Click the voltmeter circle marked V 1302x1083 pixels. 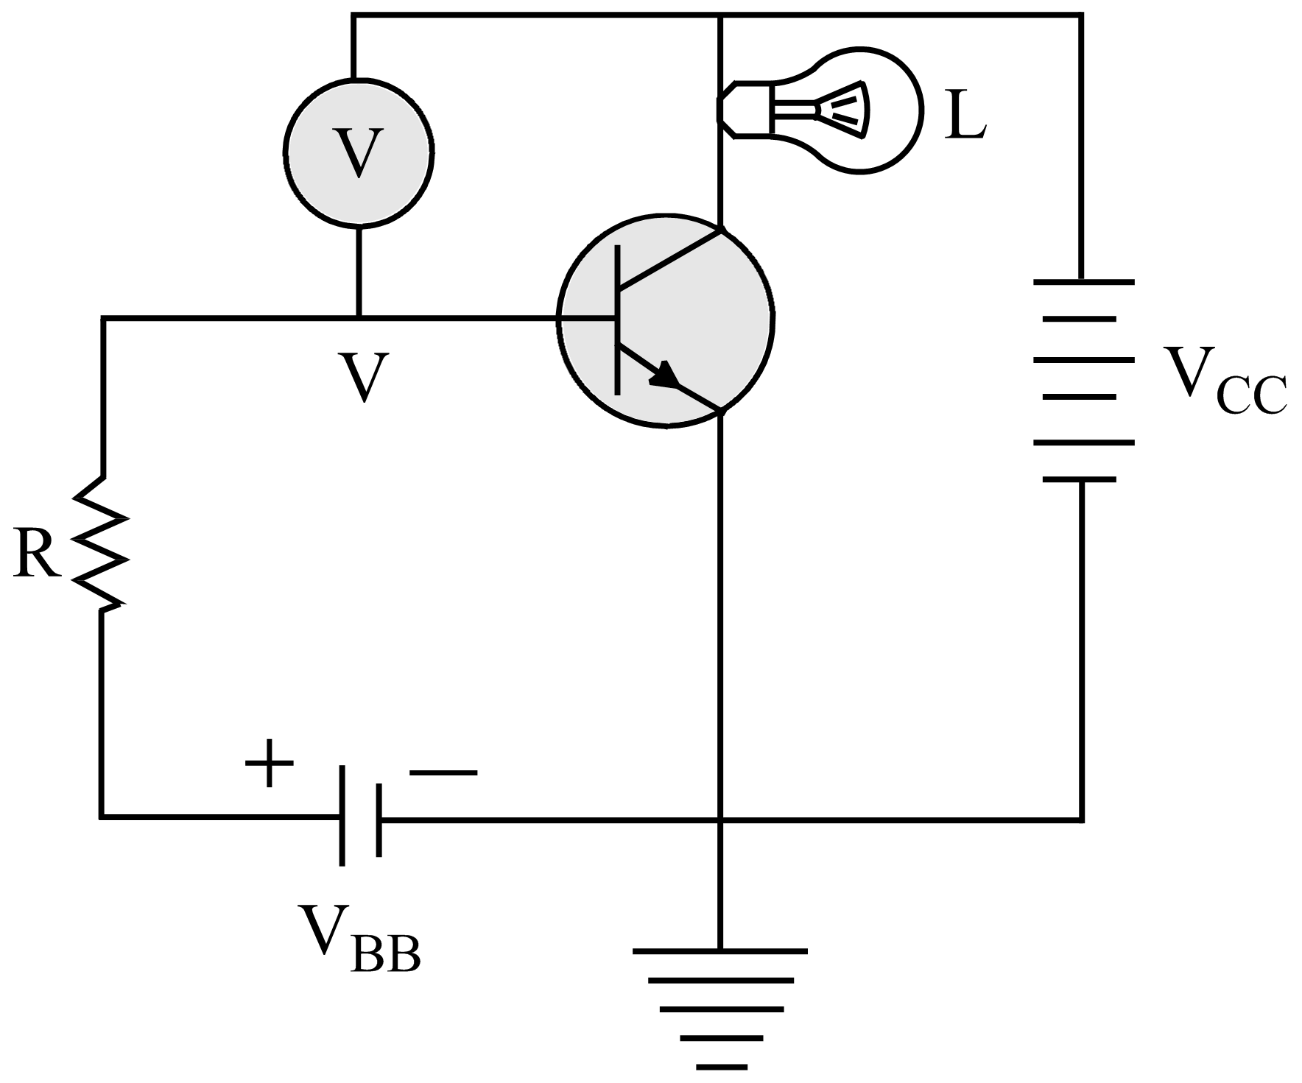359,152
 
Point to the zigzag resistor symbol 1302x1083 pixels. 102,543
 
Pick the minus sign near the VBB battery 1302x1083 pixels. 443,772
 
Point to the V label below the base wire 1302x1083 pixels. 363,377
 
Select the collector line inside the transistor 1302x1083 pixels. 670,259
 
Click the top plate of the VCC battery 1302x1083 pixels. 1083,281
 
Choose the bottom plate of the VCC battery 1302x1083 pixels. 1080,479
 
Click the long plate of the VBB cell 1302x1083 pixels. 342,816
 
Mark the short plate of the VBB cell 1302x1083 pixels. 379,819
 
